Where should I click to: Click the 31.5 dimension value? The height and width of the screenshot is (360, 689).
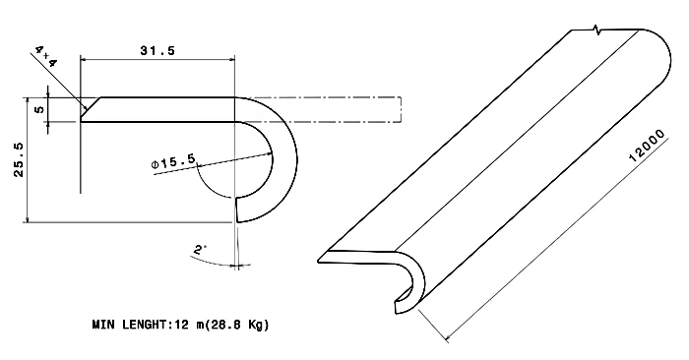157,51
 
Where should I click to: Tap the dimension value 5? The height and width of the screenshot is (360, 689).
38,109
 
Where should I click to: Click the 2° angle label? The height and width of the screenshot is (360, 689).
200,251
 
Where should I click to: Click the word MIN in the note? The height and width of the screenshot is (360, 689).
104,324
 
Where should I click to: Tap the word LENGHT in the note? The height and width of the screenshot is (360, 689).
147,324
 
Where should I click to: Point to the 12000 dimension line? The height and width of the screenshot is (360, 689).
551,231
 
